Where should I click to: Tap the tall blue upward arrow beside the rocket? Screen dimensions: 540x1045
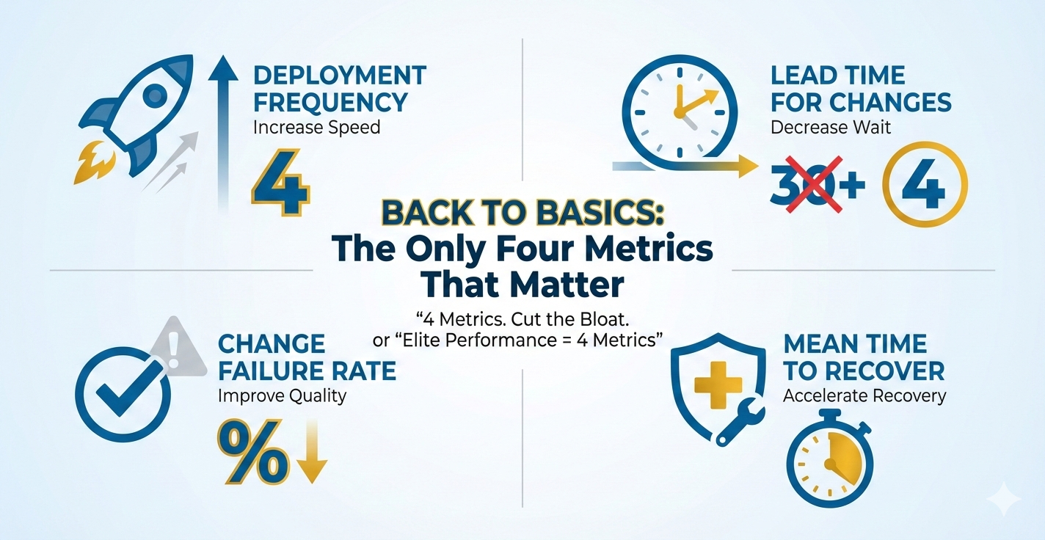[223, 132]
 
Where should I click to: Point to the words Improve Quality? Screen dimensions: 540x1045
[282, 396]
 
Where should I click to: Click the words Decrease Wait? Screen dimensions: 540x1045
[831, 127]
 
